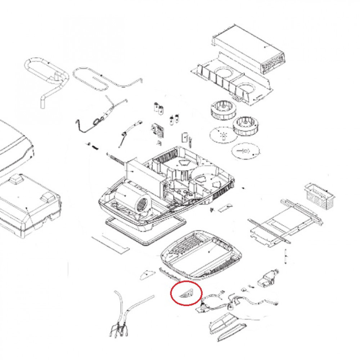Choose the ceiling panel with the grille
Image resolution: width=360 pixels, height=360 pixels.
coord(201,254)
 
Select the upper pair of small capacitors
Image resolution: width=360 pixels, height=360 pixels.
coord(159,108)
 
